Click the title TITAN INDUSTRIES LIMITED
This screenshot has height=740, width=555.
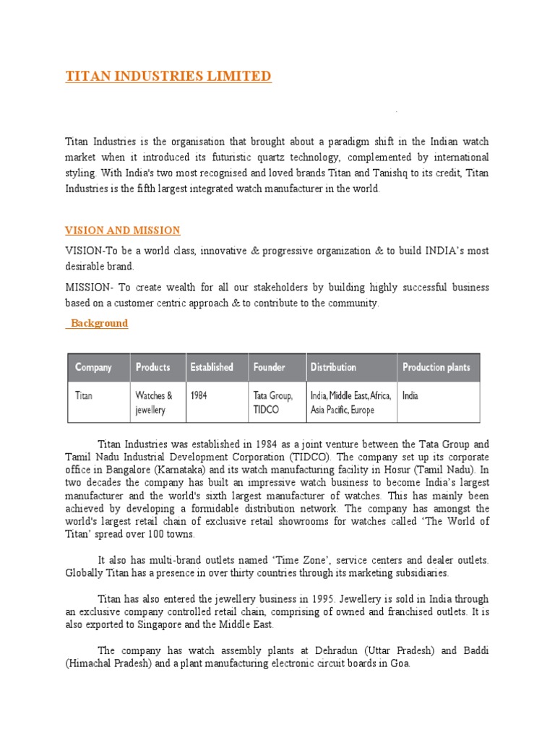tap(168, 76)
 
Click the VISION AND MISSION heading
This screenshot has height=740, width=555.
tap(123, 231)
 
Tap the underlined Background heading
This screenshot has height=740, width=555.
tap(98, 323)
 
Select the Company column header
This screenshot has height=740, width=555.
tap(93, 367)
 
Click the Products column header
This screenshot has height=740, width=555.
tap(153, 367)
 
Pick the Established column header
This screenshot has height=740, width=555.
tap(212, 367)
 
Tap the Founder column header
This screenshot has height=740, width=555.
tap(270, 367)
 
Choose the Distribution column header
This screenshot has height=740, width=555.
tap(333, 367)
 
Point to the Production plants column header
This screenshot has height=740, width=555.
tap(436, 367)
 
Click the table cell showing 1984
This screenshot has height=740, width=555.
tap(199, 396)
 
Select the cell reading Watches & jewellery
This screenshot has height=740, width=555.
tap(154, 403)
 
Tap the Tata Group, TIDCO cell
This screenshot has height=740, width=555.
tap(272, 403)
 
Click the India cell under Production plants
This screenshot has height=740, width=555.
tap(410, 396)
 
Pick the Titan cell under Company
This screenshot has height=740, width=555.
tap(84, 396)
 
